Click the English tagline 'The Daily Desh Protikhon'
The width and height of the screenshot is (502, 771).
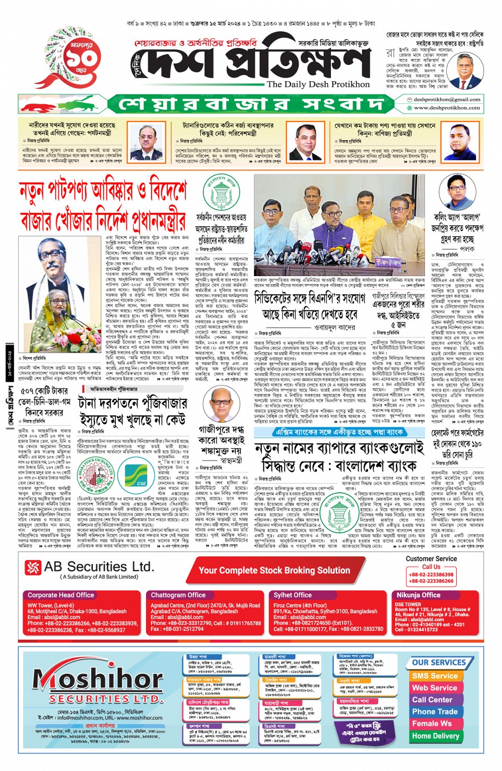(x=318, y=84)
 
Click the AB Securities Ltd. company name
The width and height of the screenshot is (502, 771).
(x=90, y=567)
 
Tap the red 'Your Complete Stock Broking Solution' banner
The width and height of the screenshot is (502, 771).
(x=274, y=571)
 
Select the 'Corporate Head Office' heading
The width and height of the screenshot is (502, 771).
(x=61, y=595)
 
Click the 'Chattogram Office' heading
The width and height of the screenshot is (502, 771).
(x=178, y=595)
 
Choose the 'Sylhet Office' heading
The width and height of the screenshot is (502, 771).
(x=292, y=595)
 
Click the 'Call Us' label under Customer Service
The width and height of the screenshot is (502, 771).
(x=431, y=567)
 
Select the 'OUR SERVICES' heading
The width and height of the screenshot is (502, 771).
(x=439, y=663)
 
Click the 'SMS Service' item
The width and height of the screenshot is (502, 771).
(x=435, y=676)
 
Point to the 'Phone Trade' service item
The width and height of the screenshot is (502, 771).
(x=435, y=712)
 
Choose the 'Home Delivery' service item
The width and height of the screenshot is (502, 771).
(x=435, y=736)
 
